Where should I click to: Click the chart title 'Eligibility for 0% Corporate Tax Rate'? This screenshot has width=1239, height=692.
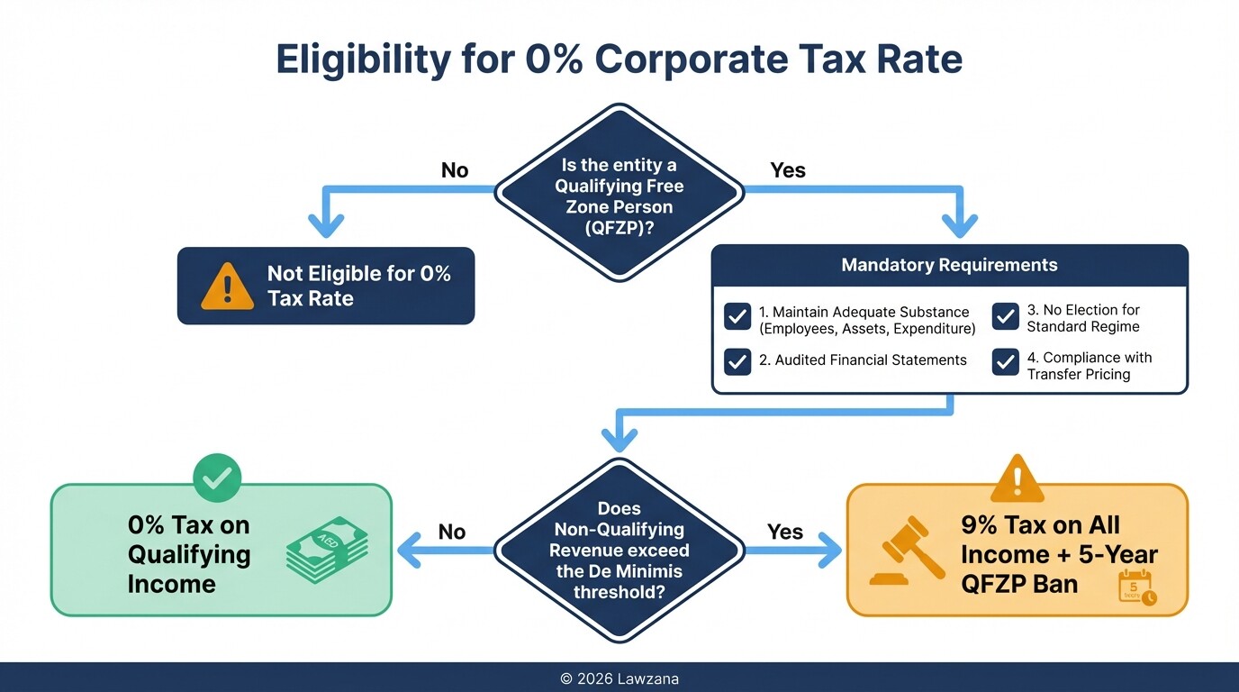pos(619,59)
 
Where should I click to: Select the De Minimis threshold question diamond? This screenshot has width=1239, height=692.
pos(619,550)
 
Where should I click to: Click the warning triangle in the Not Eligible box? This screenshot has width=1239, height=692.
pos(227,287)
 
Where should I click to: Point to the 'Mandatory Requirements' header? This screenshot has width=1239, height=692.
pos(949,265)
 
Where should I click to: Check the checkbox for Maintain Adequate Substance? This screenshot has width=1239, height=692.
pos(737,316)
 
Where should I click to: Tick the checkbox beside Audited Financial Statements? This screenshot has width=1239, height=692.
pos(737,360)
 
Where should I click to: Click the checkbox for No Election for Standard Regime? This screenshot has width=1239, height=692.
pos(1005,316)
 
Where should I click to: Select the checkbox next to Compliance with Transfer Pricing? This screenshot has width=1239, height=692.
pos(1005,361)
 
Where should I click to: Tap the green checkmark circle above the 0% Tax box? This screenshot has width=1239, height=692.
pos(216,478)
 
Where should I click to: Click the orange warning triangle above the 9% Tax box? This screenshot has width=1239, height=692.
pos(1017,478)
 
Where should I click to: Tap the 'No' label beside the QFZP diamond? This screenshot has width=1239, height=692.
pos(455,170)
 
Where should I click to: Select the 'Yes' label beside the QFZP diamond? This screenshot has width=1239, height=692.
pos(788,170)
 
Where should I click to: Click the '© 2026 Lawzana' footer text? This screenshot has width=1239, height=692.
pos(619,678)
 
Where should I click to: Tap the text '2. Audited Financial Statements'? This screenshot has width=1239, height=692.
pos(863,360)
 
